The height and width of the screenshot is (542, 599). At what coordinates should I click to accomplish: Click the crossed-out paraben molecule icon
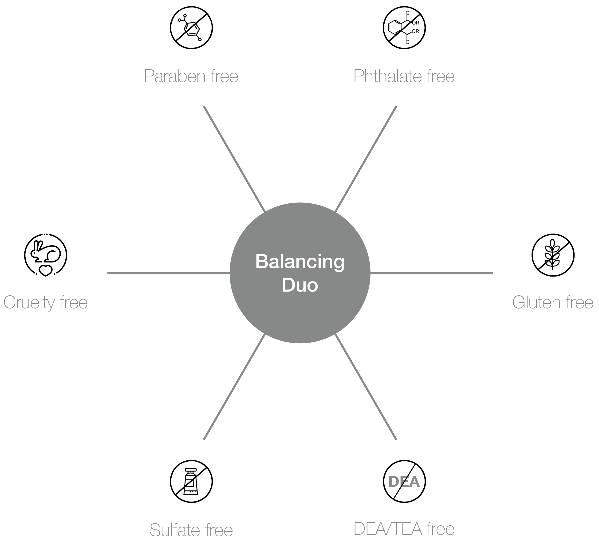pyautogui.click(x=191, y=28)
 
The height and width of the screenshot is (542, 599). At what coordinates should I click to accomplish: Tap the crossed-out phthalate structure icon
pyautogui.click(x=404, y=28)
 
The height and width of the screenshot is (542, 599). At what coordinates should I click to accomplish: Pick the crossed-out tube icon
pyautogui.click(x=191, y=481)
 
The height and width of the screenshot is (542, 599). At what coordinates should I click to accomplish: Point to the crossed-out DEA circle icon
pyautogui.click(x=404, y=481)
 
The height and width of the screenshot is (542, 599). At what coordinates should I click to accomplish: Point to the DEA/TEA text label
pyautogui.click(x=388, y=529)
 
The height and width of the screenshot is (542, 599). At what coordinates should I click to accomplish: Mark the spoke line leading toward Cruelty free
pyautogui.click(x=169, y=273)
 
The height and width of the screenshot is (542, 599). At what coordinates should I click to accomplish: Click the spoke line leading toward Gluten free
pyautogui.click(x=431, y=273)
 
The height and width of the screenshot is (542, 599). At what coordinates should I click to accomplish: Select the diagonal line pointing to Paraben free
pyautogui.click(x=234, y=159)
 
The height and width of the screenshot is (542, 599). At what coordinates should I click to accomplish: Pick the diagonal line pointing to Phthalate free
pyautogui.click(x=366, y=159)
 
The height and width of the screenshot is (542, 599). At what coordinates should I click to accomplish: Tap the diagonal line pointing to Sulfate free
pyautogui.click(x=234, y=387)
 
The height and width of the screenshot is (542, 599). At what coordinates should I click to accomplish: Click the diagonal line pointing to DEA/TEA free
pyautogui.click(x=366, y=387)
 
